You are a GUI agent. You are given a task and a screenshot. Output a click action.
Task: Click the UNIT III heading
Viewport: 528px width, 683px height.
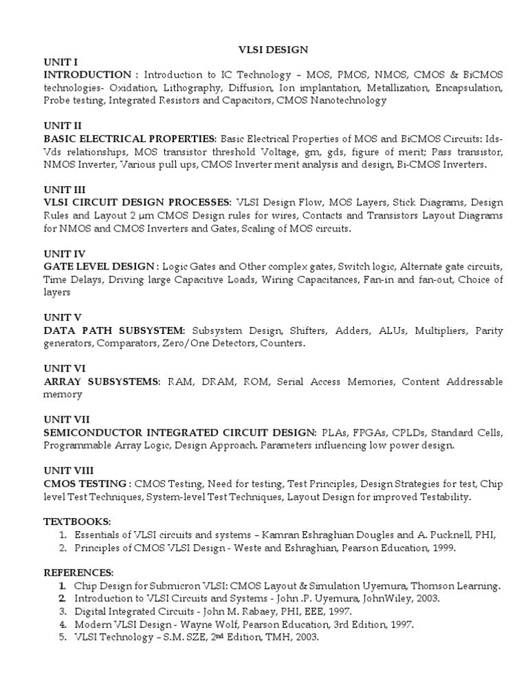pyautogui.click(x=64, y=190)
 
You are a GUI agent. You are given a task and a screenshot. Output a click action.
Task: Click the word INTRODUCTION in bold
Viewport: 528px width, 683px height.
pyautogui.click(x=87, y=74)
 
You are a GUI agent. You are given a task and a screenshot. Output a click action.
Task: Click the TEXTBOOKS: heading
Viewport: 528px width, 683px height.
pyautogui.click(x=77, y=522)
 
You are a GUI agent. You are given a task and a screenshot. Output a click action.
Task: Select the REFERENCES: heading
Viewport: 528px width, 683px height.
pyautogui.click(x=78, y=572)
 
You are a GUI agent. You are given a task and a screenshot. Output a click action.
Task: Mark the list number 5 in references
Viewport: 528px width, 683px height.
pyautogui.click(x=62, y=637)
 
